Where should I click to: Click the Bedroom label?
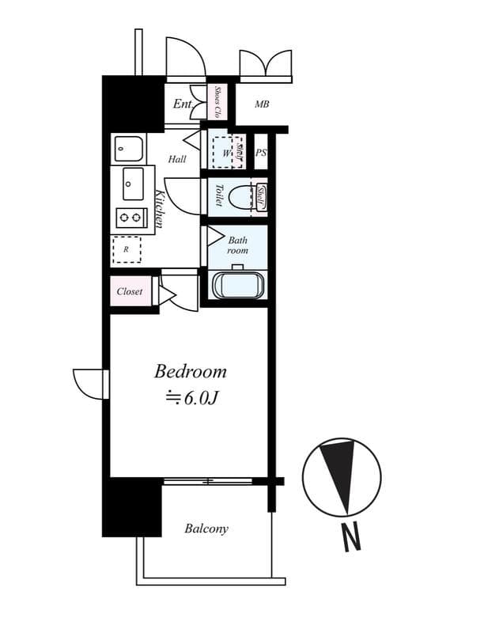coord(190,371)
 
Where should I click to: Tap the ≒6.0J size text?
coord(191,398)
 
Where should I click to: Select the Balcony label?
coord(206,529)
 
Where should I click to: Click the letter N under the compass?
coord(351,538)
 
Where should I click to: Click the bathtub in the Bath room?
coord(238,285)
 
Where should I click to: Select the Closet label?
coord(130,291)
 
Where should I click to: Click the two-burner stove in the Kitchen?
coord(130,216)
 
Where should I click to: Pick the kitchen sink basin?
coord(133,184)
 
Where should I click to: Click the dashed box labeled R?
coord(127,249)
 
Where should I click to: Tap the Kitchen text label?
coord(159,209)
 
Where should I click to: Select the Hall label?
coord(177,159)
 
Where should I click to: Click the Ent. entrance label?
coord(183,104)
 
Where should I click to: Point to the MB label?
coord(263,104)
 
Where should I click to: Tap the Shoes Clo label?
coord(217,102)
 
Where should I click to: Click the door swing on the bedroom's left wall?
coord(88,384)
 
